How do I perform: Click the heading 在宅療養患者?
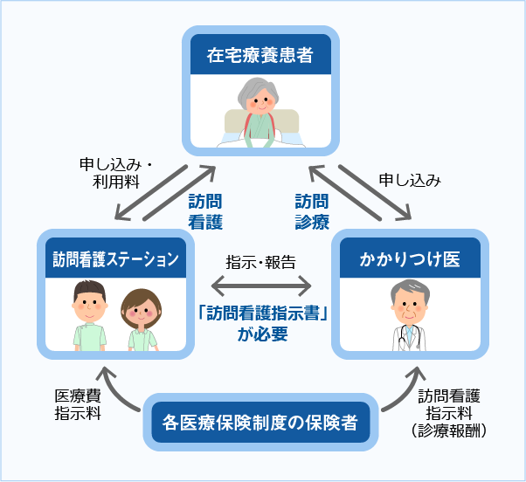tap(261, 57)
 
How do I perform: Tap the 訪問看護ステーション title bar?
tap(114, 258)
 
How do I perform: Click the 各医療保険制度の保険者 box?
tap(261, 423)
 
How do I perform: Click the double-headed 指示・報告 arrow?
tap(261, 286)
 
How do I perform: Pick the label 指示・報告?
tap(261, 262)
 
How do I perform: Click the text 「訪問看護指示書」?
tap(261, 313)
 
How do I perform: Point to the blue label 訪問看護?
tap(205, 210)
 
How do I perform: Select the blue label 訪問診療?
tap(311, 210)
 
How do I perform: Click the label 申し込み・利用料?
tap(116, 173)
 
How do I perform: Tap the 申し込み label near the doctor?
tap(410, 180)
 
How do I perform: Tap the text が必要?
tap(261, 335)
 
